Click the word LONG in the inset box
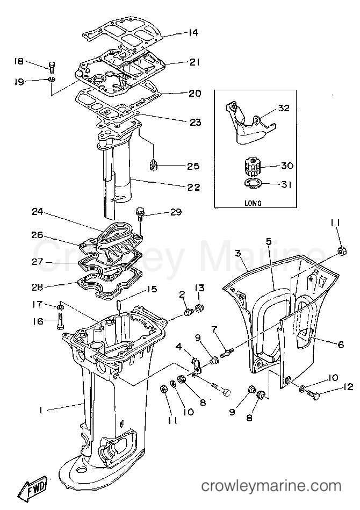[x=253, y=203]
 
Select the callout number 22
[x=194, y=188]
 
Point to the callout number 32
[x=284, y=107]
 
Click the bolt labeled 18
[x=52, y=66]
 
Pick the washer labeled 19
[x=52, y=80]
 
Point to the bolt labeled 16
[x=60, y=320]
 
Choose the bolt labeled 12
[x=313, y=394]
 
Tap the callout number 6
[x=341, y=344]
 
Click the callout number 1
[x=41, y=411]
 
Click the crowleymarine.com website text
[x=271, y=486]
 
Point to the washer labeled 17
[x=60, y=307]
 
